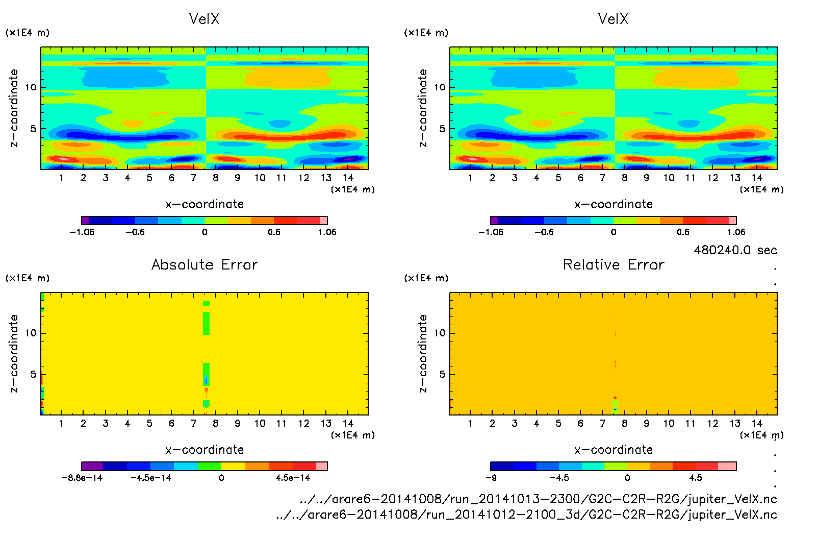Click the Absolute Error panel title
click(204, 264)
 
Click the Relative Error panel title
click(613, 264)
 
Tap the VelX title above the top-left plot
click(204, 19)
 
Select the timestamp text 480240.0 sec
click(735, 250)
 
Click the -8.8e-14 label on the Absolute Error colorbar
click(82, 478)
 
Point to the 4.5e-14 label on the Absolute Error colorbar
click(293, 478)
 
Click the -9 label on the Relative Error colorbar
click(491, 478)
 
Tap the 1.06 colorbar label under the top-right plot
click(736, 232)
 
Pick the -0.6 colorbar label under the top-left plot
click(135, 232)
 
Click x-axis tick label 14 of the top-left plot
click(348, 178)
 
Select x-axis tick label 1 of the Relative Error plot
click(470, 423)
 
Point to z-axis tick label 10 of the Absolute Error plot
click(31, 333)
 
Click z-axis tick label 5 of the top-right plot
click(442, 129)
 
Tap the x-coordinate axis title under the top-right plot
click(613, 204)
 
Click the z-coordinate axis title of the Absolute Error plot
click(14, 353)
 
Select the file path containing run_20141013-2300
click(538, 499)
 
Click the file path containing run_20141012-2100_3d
click(526, 515)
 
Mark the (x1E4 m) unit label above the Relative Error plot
click(426, 278)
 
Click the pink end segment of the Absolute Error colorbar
click(322, 466)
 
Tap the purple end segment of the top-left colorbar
click(85, 221)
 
